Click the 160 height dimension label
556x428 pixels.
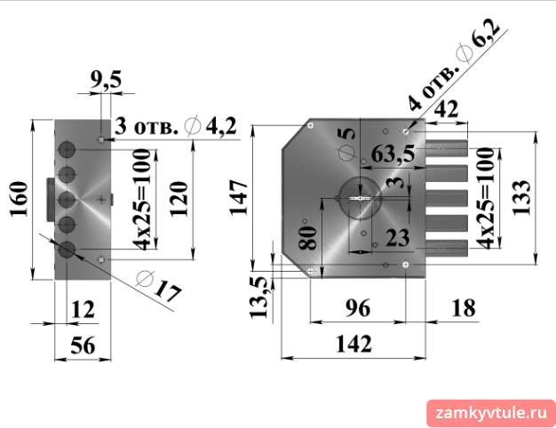pos(19,199)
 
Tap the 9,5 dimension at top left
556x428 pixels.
pos(106,79)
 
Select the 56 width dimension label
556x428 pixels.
pos(83,345)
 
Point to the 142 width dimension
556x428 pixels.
pos(353,344)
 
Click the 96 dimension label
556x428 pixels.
pos(358,307)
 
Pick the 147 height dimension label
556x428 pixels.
pos(239,197)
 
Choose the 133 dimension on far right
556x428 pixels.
pos(521,197)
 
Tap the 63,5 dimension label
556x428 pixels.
pos(393,154)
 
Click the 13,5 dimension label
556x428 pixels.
pos(258,297)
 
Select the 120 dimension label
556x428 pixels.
pos(179,199)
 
